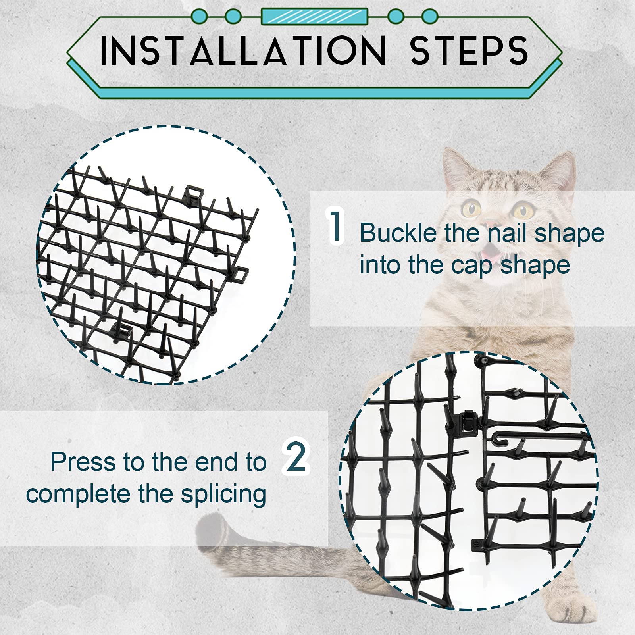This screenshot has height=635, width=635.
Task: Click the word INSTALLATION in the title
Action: tap(243, 50)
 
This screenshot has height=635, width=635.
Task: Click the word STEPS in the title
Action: tap(469, 50)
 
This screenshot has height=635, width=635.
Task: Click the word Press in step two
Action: tap(83, 462)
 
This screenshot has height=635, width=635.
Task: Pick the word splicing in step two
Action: tap(223, 495)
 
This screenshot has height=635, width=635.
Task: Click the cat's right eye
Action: tap(523, 209)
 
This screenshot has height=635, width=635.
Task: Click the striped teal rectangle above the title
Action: tap(314, 17)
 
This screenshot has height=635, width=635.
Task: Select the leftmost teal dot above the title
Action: tap(199, 17)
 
